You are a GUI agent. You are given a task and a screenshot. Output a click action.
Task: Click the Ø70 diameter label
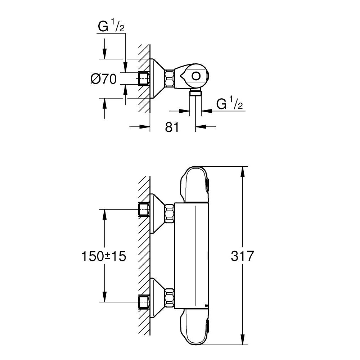click(x=104, y=78)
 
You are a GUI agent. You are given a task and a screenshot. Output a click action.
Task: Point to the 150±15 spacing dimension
click(x=104, y=256)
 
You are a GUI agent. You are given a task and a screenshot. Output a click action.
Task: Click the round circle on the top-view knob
click(x=197, y=76)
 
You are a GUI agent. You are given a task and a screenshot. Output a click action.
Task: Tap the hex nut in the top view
click(x=170, y=78)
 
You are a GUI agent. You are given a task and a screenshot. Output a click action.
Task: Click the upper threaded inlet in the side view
click(x=144, y=209)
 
